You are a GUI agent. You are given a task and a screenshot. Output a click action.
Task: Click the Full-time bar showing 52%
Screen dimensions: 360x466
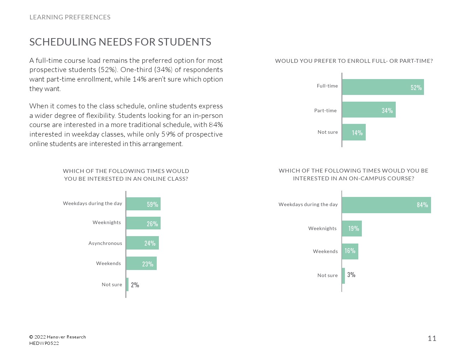tap(383, 87)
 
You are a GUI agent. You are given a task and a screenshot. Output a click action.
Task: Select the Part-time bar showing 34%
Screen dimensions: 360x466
tap(369, 110)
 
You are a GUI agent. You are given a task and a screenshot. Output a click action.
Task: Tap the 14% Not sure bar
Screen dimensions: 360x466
tap(354, 132)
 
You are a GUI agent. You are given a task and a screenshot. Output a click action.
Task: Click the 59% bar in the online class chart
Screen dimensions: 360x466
tap(143, 204)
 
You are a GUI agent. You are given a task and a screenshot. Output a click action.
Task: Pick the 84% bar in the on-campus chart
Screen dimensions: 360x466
tap(386, 205)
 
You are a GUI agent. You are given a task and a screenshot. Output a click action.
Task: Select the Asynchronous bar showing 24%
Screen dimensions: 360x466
tap(142, 243)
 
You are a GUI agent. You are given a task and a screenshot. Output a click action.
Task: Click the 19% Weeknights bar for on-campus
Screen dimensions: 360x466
tap(352, 228)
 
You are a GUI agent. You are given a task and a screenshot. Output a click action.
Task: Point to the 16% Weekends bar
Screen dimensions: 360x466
tap(350, 251)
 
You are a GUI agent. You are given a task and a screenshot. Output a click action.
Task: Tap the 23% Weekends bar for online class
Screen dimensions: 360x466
tap(141, 264)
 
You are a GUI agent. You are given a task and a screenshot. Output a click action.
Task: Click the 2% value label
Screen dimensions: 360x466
tap(135, 285)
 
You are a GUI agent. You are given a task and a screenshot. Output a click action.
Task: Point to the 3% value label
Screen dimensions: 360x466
tap(351, 275)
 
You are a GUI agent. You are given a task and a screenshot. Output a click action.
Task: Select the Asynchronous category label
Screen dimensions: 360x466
tap(105, 243)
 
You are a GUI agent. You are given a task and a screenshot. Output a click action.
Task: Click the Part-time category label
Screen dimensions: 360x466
tap(325, 110)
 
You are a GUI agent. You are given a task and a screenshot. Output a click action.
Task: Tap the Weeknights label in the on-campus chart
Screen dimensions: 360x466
tap(322, 228)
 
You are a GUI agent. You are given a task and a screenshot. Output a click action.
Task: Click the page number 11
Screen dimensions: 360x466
tap(432, 338)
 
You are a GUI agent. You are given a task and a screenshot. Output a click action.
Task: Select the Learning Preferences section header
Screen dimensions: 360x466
tap(70, 17)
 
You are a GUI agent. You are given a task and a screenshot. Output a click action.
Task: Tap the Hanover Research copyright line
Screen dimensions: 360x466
tap(58, 337)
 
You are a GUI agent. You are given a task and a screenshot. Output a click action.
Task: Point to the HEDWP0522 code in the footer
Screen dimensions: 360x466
tap(44, 343)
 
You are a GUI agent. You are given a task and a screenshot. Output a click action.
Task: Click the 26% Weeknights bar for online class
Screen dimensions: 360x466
tap(143, 223)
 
